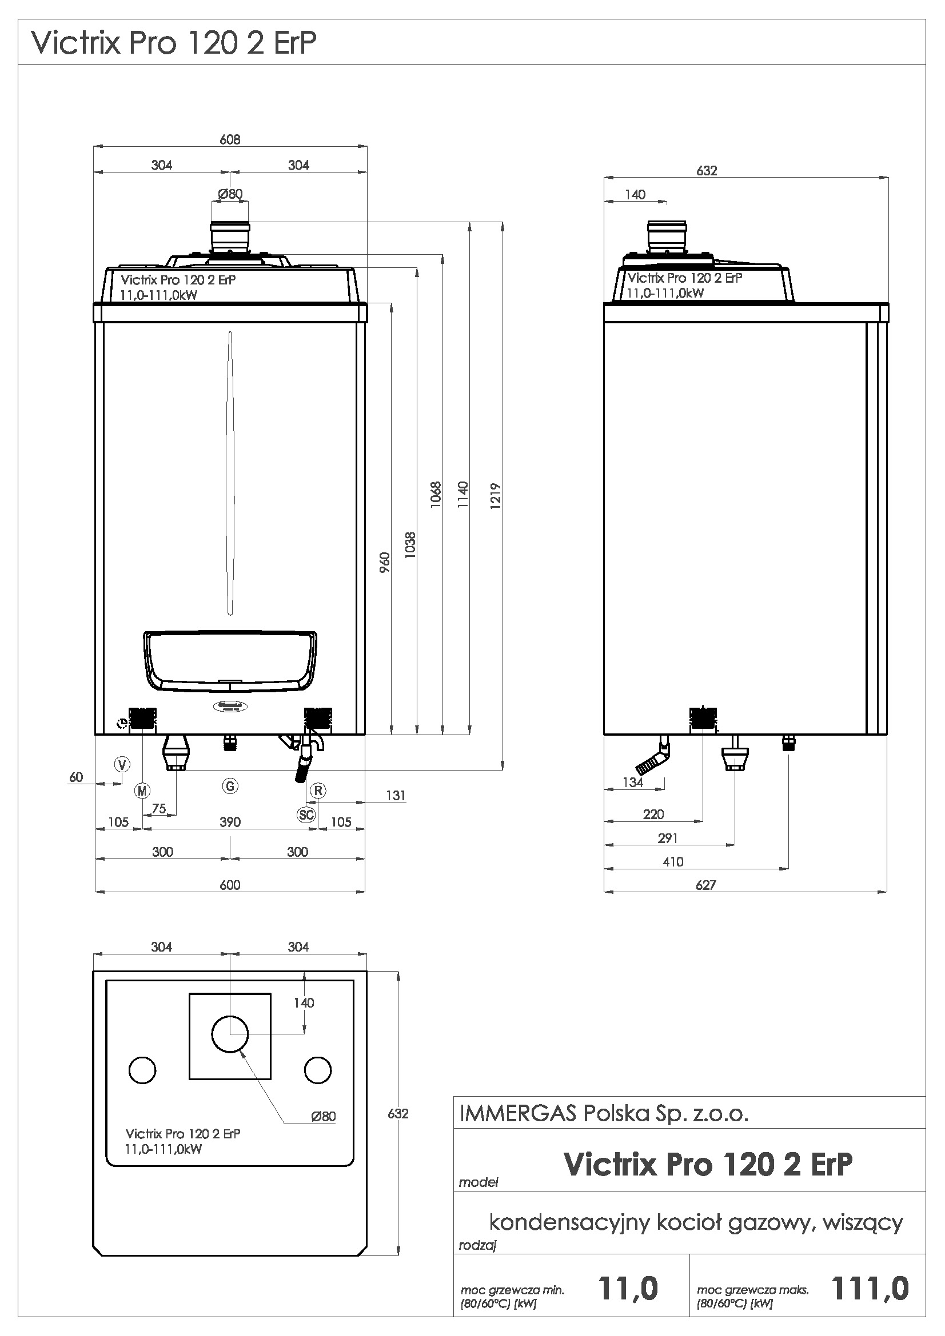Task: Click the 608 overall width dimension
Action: pyautogui.click(x=230, y=139)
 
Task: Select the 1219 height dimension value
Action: pyautogui.click(x=496, y=496)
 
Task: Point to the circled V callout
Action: pyautogui.click(x=122, y=764)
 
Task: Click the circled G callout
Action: pyautogui.click(x=230, y=786)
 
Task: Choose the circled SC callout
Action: pyautogui.click(x=306, y=815)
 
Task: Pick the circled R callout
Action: pyautogui.click(x=318, y=790)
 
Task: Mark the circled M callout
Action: pyautogui.click(x=142, y=790)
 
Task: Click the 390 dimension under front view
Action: pyautogui.click(x=230, y=821)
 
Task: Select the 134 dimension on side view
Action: pyautogui.click(x=633, y=783)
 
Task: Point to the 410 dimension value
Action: pyautogui.click(x=672, y=862)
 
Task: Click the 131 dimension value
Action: pyautogui.click(x=396, y=796)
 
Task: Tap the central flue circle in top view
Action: pyautogui.click(x=230, y=1034)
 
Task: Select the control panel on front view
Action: pyautogui.click(x=230, y=660)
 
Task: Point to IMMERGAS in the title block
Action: pyautogui.click(x=517, y=1114)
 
